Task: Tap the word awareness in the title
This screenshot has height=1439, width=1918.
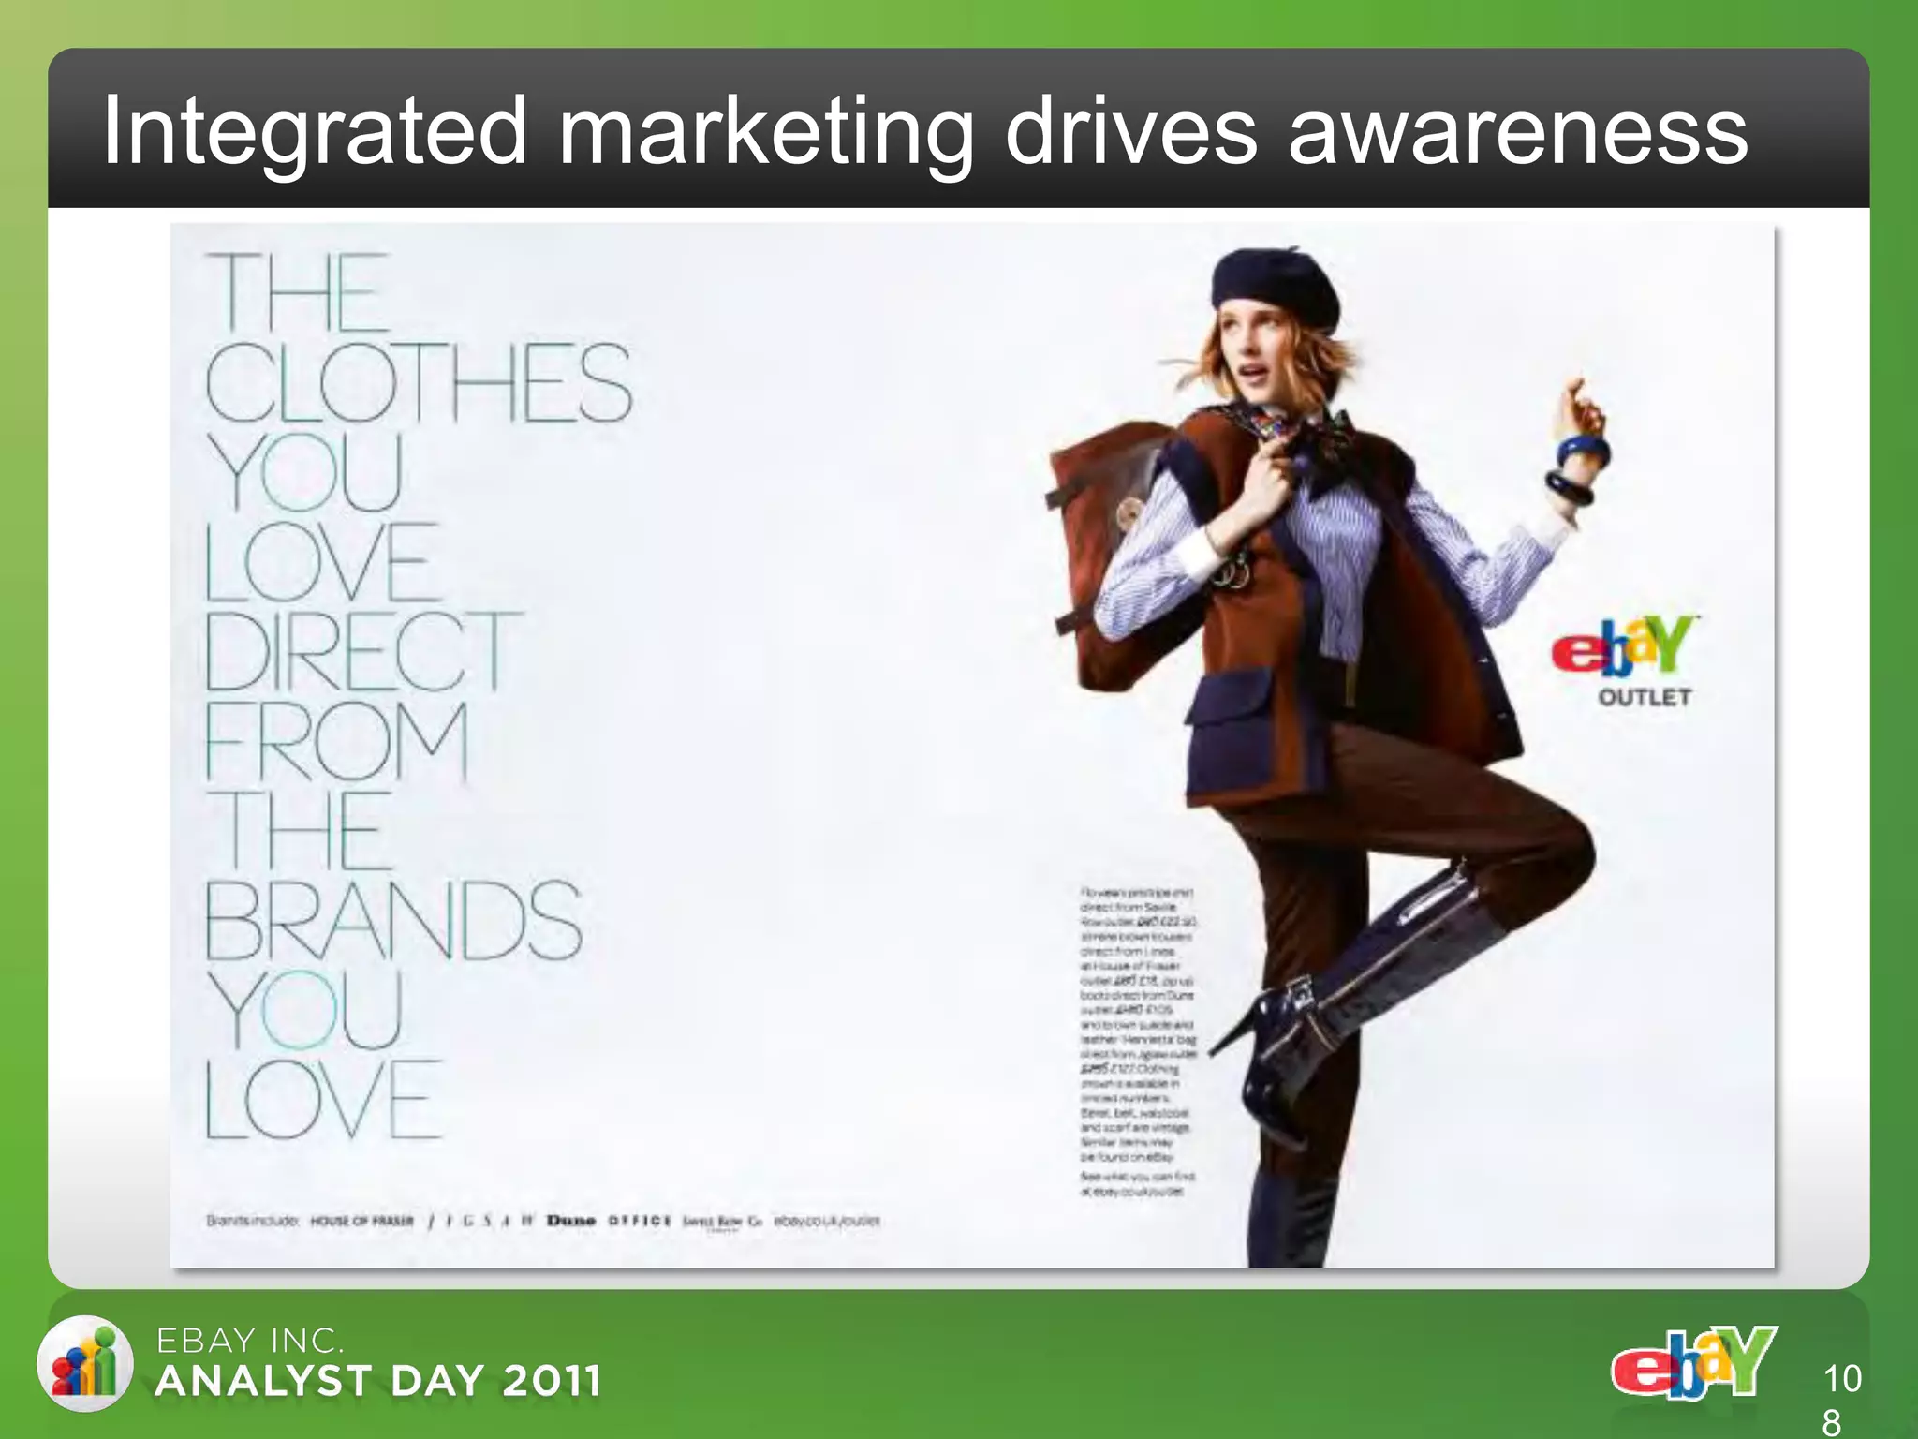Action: pos(1517,133)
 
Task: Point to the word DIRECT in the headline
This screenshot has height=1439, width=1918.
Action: pos(361,650)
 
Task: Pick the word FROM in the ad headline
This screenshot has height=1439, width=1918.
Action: pos(337,740)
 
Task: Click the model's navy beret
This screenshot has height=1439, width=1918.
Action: pos(1275,281)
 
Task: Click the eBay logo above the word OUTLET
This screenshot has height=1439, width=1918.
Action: pos(1625,645)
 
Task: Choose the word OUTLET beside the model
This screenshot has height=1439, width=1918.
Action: pos(1645,697)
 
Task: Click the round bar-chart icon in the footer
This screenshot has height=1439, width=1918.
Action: pos(85,1364)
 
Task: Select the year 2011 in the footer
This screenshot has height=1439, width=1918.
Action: pos(552,1381)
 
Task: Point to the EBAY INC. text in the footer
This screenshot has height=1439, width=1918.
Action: pos(249,1342)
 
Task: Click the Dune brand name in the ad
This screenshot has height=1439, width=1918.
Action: pos(571,1221)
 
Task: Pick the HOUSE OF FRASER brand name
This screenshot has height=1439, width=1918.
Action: pos(361,1221)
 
